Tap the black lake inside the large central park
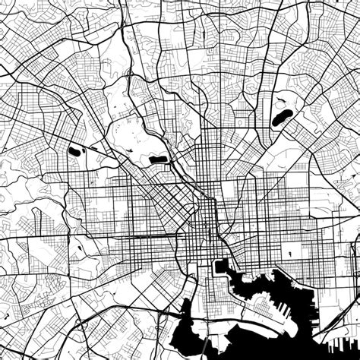pos(159,159)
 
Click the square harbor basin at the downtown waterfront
pos(223,267)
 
